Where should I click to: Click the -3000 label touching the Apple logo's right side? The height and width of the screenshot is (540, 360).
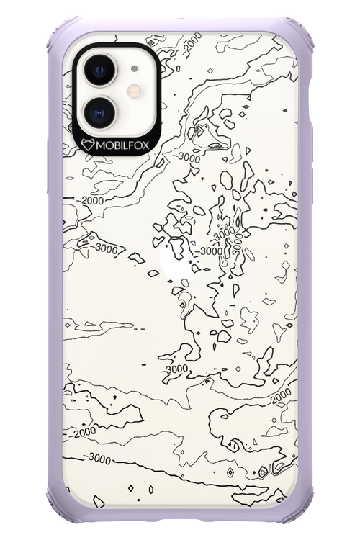coord(211,251)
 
